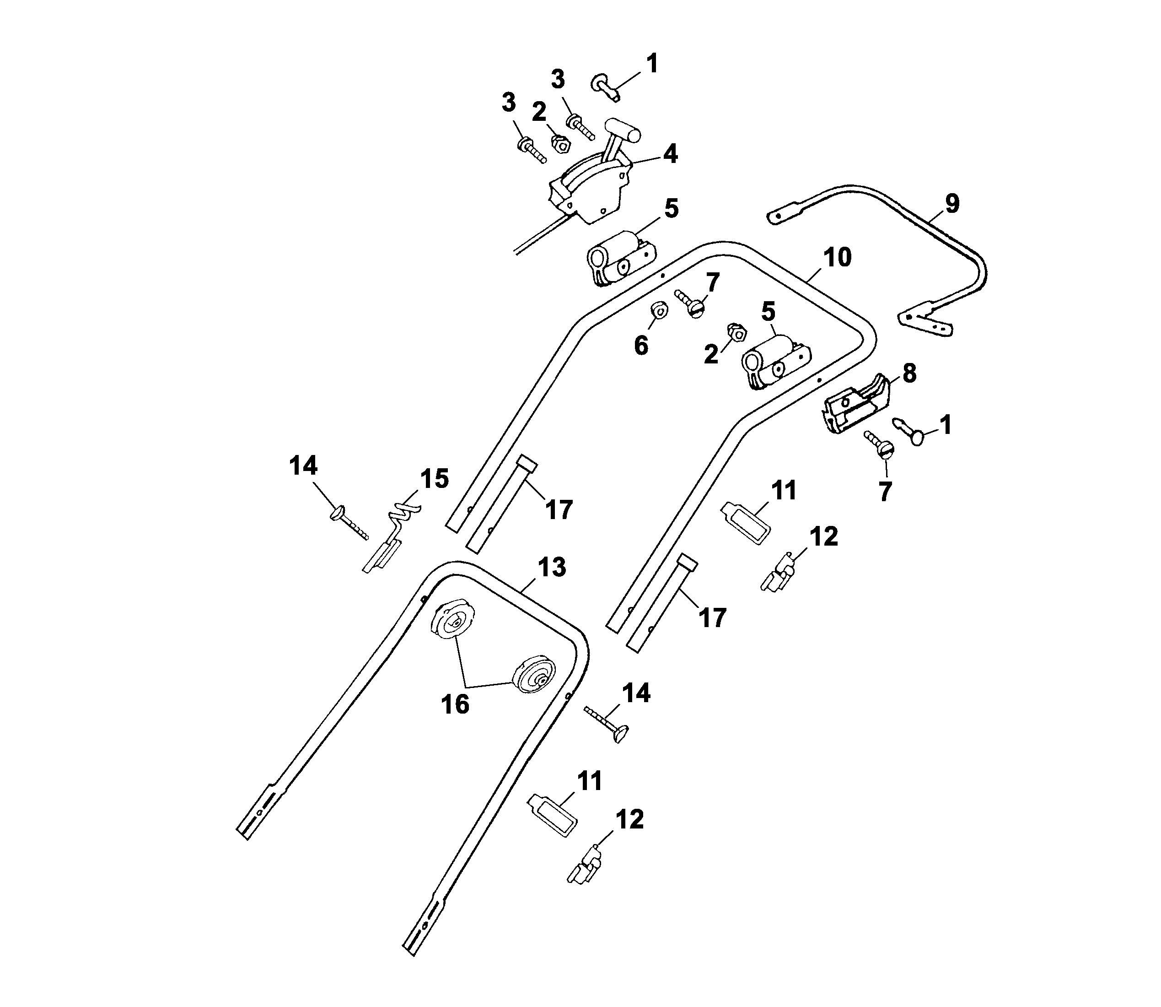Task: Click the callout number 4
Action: coord(670,153)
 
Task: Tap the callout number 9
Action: coord(952,203)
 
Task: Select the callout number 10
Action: coord(838,257)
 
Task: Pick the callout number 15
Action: coord(434,479)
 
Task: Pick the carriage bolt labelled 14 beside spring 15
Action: coord(349,521)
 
